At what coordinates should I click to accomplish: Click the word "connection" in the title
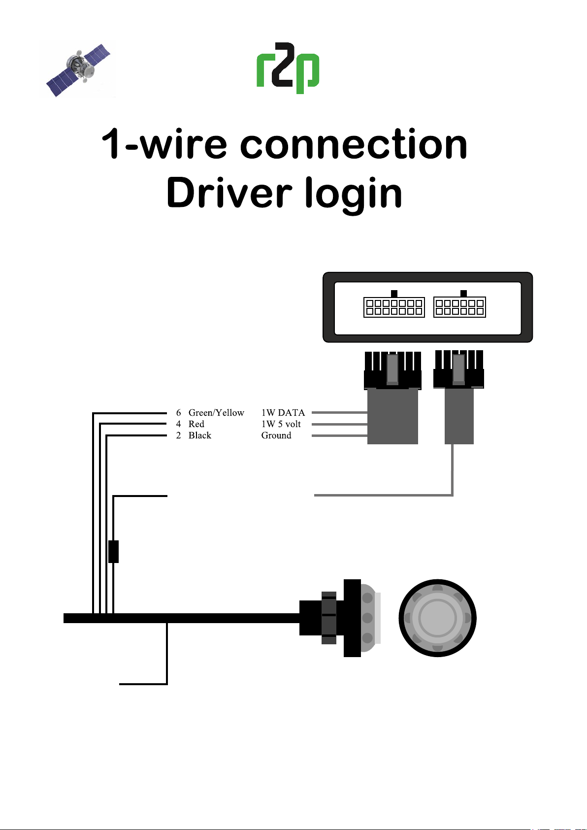354,144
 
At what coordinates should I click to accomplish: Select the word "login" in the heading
354,194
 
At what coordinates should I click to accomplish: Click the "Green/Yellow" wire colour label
216,413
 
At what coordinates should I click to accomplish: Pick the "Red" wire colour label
196,424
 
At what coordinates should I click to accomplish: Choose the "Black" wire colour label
199,435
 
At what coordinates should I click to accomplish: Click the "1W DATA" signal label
283,413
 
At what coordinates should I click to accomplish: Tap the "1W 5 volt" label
281,424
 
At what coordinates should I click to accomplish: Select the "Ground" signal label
276,435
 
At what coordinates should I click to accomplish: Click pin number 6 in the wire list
178,413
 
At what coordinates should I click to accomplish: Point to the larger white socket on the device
394,307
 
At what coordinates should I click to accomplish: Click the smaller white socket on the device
459,307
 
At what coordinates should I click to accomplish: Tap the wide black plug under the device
392,371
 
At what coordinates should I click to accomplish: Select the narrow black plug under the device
458,370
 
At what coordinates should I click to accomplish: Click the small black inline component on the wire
113,551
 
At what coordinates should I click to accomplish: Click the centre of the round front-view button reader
437,618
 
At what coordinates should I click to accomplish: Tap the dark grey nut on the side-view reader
329,618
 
